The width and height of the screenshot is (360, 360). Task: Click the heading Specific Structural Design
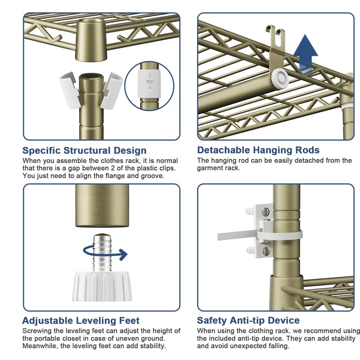pos(84,150)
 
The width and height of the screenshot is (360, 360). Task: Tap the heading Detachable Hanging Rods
pos(258,150)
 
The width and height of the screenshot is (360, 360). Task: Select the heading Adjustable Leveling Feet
pos(81,321)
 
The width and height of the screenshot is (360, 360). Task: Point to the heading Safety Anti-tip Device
pos(248,320)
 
